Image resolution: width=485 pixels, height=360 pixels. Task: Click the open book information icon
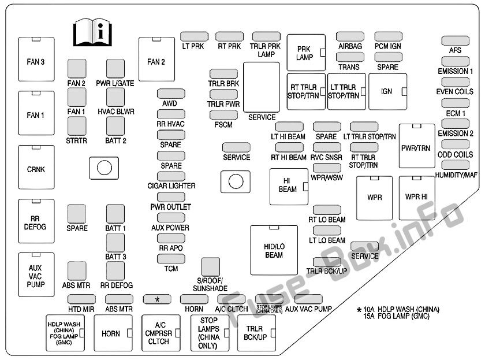pyautogui.click(x=92, y=32)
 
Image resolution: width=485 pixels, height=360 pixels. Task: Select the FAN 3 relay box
pyautogui.click(x=36, y=59)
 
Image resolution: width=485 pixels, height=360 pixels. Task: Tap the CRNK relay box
pyautogui.click(x=36, y=167)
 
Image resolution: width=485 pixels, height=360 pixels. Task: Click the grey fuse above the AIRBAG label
pyautogui.click(x=350, y=36)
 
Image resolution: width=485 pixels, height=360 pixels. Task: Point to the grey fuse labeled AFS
pyautogui.click(x=456, y=40)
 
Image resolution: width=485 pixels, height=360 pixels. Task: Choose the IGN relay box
pyautogui.click(x=387, y=91)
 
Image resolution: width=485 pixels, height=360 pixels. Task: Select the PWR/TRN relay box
pyautogui.click(x=417, y=146)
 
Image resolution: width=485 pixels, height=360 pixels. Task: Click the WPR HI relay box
pyautogui.click(x=417, y=198)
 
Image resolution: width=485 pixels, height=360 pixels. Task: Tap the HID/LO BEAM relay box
pyautogui.click(x=274, y=250)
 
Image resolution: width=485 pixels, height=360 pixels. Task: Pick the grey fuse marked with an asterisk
pyautogui.click(x=157, y=299)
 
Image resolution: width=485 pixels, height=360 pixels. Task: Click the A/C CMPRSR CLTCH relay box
pyautogui.click(x=161, y=333)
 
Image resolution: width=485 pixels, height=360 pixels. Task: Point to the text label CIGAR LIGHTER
pyautogui.click(x=171, y=186)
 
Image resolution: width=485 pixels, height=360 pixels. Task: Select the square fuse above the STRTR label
pyautogui.click(x=77, y=126)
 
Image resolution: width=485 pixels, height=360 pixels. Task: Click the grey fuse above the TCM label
pyautogui.click(x=171, y=258)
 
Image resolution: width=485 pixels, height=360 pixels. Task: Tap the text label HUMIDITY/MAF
pyautogui.click(x=456, y=175)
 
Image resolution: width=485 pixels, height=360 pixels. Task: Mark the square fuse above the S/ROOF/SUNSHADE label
pyautogui.click(x=211, y=266)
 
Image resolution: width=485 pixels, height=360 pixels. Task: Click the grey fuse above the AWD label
pyautogui.click(x=171, y=94)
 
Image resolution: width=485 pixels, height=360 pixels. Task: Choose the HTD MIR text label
pyautogui.click(x=81, y=309)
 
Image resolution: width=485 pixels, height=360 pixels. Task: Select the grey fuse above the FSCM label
pyautogui.click(x=223, y=115)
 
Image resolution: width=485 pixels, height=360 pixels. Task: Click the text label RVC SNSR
pyautogui.click(x=326, y=158)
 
